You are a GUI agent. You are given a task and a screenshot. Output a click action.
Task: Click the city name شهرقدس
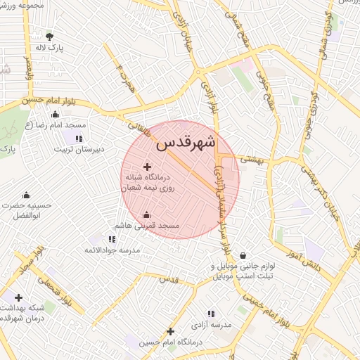[x=187, y=143]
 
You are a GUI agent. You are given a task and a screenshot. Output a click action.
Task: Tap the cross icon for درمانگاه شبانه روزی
[x=147, y=167]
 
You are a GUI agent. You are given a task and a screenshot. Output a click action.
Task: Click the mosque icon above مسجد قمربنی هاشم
[x=146, y=215]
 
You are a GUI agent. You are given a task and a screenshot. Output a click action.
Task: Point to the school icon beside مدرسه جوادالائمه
[x=112, y=239]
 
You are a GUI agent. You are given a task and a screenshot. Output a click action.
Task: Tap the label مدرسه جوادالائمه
[x=112, y=250]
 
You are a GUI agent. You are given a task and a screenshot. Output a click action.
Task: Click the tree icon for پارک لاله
[x=49, y=36]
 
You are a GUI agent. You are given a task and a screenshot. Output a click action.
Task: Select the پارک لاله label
[x=51, y=48]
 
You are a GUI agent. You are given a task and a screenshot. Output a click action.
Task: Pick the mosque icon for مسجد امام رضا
[x=56, y=115]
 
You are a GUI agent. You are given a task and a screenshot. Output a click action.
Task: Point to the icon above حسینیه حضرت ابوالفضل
[x=26, y=195]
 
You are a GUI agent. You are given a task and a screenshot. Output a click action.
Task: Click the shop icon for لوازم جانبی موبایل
[x=243, y=255]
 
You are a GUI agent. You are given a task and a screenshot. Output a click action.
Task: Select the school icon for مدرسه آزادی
[x=211, y=314]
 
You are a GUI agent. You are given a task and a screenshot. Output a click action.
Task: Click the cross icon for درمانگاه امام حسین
[x=170, y=331]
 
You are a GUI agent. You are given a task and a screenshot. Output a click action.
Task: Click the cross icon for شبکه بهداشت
[x=18, y=297]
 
